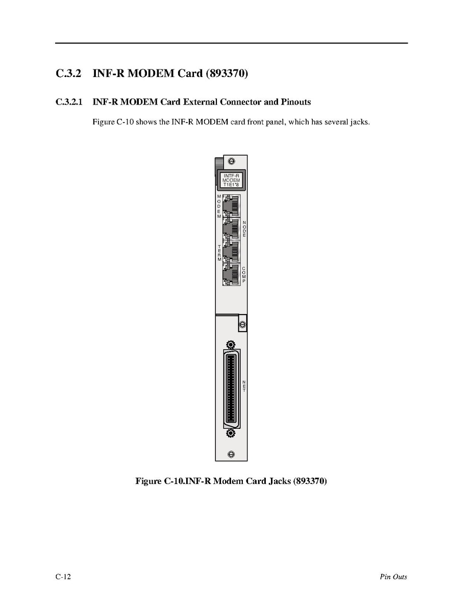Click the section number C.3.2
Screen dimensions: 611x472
(68, 74)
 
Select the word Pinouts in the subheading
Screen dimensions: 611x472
(293, 102)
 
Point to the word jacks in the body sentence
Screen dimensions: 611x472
(359, 123)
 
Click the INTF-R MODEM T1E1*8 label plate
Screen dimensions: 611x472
(231, 181)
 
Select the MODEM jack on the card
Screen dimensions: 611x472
(231, 206)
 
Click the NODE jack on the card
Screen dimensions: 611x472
(231, 229)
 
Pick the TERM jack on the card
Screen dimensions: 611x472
(231, 251)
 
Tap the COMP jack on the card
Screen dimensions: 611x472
(231, 274)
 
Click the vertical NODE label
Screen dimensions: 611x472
(244, 228)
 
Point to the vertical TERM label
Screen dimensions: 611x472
(219, 253)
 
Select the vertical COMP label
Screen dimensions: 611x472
(244, 275)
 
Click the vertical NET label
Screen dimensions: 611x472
(244, 386)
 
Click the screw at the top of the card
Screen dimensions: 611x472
(231, 161)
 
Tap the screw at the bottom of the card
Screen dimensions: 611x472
(231, 454)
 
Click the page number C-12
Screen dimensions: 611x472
(63, 577)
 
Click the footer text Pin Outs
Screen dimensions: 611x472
(393, 577)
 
